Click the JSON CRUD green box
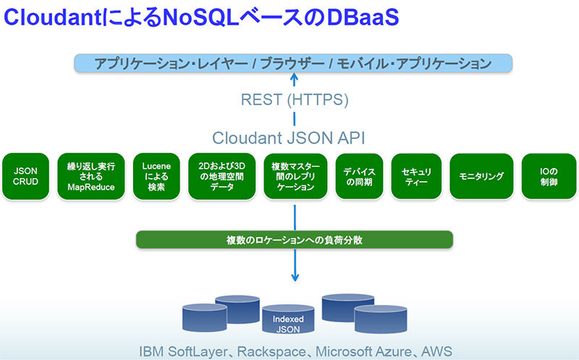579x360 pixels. (25, 176)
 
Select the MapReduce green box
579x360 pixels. (91, 176)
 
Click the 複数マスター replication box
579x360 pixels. (294, 176)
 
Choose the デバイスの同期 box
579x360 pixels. (359, 176)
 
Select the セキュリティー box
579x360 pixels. (416, 176)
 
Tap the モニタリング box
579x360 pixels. (481, 176)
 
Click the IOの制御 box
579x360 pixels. (548, 176)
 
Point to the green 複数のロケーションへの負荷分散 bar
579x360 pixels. (294, 239)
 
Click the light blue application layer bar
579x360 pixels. (294, 63)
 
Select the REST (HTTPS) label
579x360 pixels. (294, 99)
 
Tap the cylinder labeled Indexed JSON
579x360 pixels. (288, 322)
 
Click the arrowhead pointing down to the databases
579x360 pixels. (295, 278)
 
